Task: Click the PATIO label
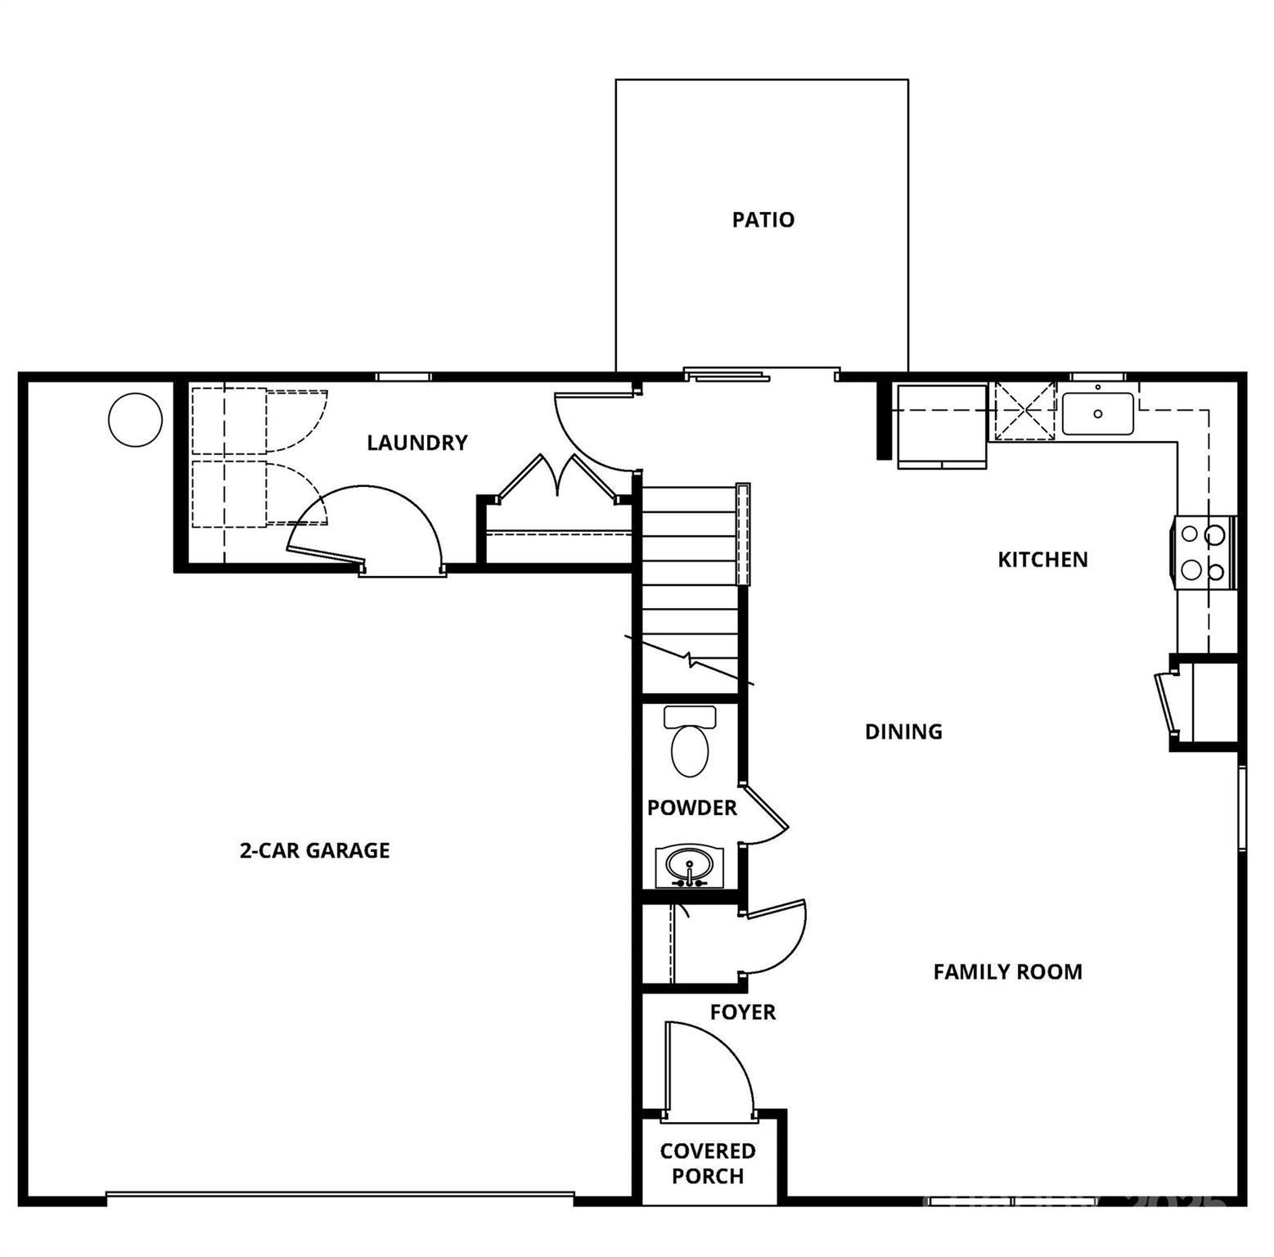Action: (763, 219)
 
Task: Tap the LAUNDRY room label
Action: (416, 443)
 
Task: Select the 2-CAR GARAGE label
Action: (314, 850)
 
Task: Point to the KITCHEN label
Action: (1042, 560)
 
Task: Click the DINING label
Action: (903, 732)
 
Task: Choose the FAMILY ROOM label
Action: (1007, 971)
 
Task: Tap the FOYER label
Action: (742, 1012)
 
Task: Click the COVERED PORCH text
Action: (708, 1163)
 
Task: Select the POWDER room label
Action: (691, 808)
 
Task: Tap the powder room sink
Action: (689, 867)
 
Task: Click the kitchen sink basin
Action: (1097, 413)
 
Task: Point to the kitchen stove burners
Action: (1203, 552)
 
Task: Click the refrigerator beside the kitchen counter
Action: (942, 426)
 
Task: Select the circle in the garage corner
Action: (135, 420)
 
